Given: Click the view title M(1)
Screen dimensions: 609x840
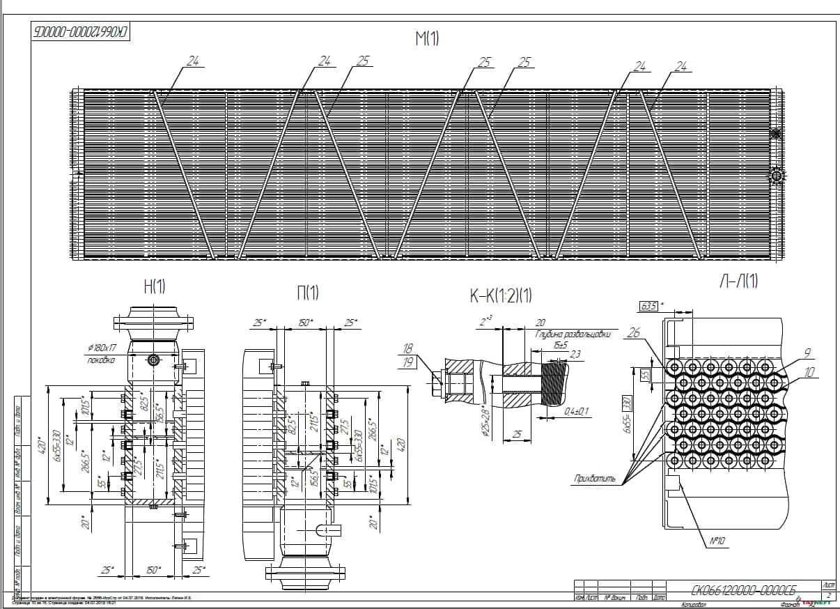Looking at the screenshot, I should point(427,38).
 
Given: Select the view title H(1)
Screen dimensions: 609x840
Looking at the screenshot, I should point(154,288).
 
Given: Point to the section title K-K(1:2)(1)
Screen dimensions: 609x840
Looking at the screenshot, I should point(500,296).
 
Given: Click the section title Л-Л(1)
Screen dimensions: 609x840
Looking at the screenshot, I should point(738,281).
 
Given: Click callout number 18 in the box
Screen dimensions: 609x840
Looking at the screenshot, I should point(408,348).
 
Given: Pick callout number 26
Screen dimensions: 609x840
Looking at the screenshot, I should point(633,333).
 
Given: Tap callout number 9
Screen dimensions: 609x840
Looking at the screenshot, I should point(807,353).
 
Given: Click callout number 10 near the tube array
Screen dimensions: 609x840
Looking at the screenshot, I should point(809,373).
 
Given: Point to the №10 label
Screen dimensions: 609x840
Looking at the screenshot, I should point(718,541).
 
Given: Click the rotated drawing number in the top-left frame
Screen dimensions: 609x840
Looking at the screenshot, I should point(82,32).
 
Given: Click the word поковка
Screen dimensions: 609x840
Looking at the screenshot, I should point(100,360).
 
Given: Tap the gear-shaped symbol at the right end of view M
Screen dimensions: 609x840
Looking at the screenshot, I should point(777,176).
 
